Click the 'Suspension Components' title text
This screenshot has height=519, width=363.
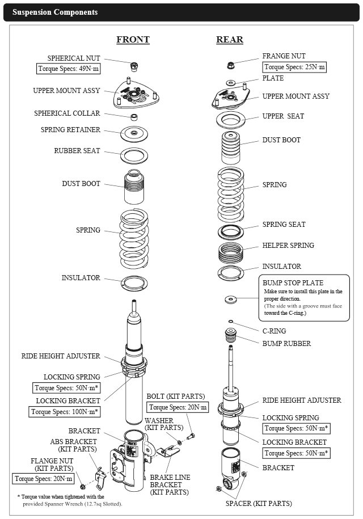55,12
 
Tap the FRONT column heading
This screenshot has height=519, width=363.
133,40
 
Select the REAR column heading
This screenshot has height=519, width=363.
230,40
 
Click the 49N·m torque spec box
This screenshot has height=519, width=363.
68,69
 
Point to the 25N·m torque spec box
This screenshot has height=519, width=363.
295,67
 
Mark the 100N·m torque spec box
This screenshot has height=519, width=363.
66,412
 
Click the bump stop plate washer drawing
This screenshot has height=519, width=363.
231,298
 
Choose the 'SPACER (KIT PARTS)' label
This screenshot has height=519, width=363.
259,503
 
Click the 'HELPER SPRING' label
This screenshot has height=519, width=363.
288,246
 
